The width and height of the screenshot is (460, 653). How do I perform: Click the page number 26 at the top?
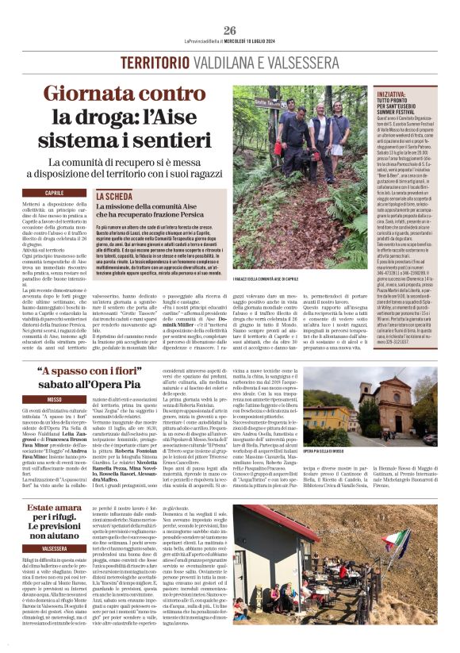point(229,9)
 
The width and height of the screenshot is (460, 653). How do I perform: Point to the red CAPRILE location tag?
point(55,193)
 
